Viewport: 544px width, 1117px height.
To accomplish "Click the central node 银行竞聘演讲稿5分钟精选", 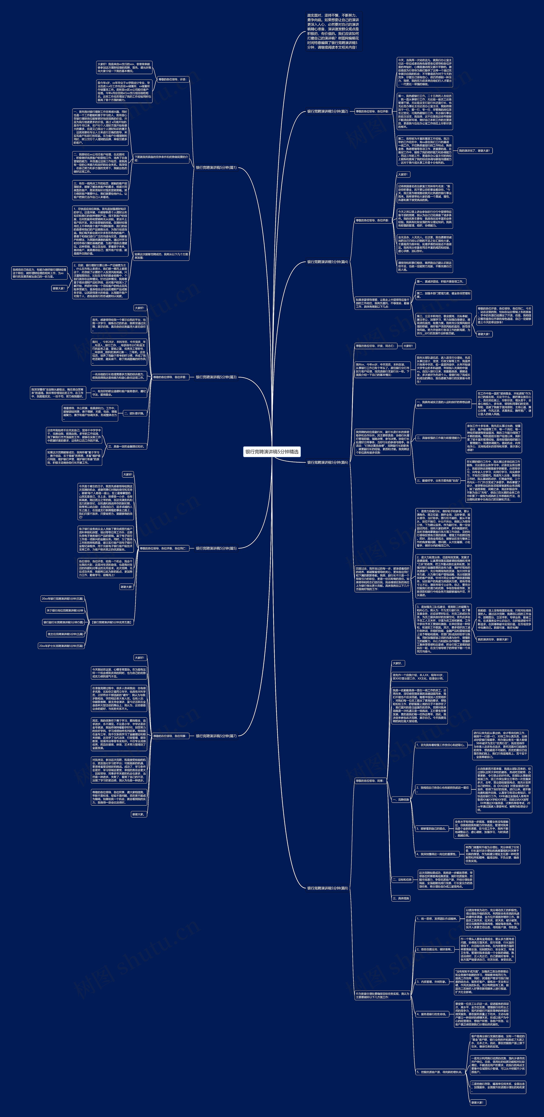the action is point(272,452).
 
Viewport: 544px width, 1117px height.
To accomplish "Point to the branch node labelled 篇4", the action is point(327,262).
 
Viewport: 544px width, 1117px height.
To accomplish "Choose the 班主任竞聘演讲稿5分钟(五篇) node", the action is point(65,634).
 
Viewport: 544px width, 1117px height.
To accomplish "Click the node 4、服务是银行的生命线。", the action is point(431,1014).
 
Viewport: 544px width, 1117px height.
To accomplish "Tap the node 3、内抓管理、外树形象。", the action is point(431,982).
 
